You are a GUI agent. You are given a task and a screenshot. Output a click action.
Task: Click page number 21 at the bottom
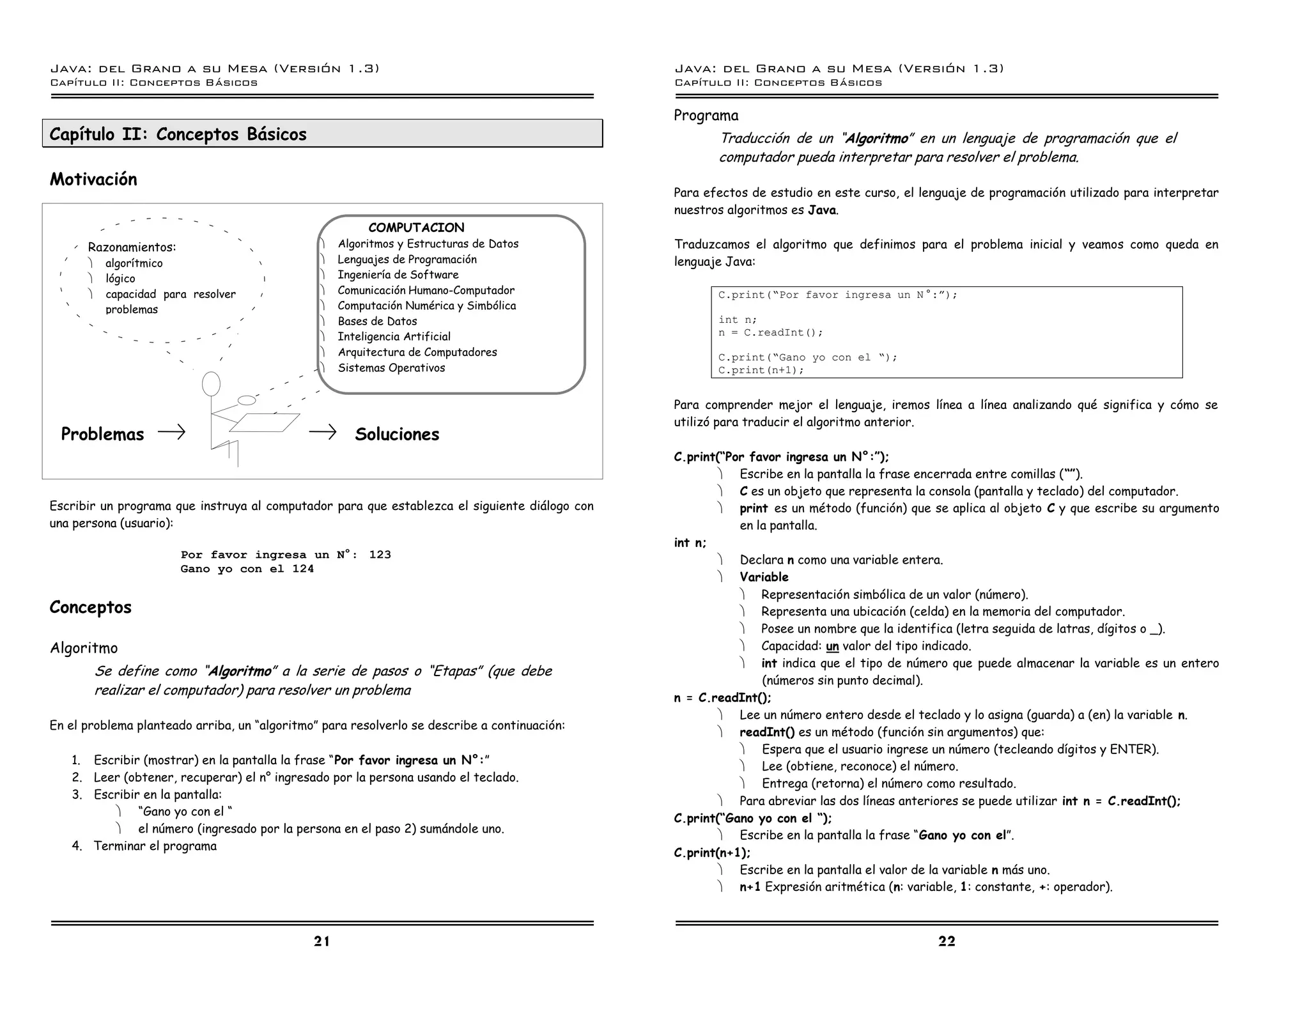click(321, 941)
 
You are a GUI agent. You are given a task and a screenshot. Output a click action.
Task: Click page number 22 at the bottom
click(947, 941)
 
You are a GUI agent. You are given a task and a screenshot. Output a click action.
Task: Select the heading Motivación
click(93, 180)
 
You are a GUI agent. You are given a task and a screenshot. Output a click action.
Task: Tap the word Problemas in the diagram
click(102, 435)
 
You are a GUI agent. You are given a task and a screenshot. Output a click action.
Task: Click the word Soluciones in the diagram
click(397, 435)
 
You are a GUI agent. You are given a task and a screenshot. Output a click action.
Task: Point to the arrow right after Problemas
click(171, 433)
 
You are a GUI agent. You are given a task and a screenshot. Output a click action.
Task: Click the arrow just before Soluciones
click(322, 433)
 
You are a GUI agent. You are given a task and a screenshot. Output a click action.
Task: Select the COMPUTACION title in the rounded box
click(416, 228)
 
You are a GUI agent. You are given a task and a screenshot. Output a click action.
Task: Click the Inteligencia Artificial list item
click(394, 337)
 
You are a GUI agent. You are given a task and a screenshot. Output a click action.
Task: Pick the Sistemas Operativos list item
click(391, 368)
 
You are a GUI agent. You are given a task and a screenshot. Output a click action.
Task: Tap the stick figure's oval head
click(211, 383)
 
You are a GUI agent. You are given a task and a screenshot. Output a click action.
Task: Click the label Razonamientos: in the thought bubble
click(132, 247)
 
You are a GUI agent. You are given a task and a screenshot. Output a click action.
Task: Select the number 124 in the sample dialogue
click(303, 569)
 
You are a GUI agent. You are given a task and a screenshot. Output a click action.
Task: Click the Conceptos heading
click(90, 607)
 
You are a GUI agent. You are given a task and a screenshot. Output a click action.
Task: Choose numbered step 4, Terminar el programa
click(155, 846)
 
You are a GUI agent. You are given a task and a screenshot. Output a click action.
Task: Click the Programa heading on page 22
click(706, 116)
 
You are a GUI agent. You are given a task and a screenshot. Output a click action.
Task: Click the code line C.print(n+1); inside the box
click(761, 370)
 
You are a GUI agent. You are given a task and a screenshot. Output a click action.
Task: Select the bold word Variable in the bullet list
click(764, 577)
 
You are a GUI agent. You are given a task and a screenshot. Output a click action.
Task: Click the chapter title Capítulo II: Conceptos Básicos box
click(322, 134)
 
